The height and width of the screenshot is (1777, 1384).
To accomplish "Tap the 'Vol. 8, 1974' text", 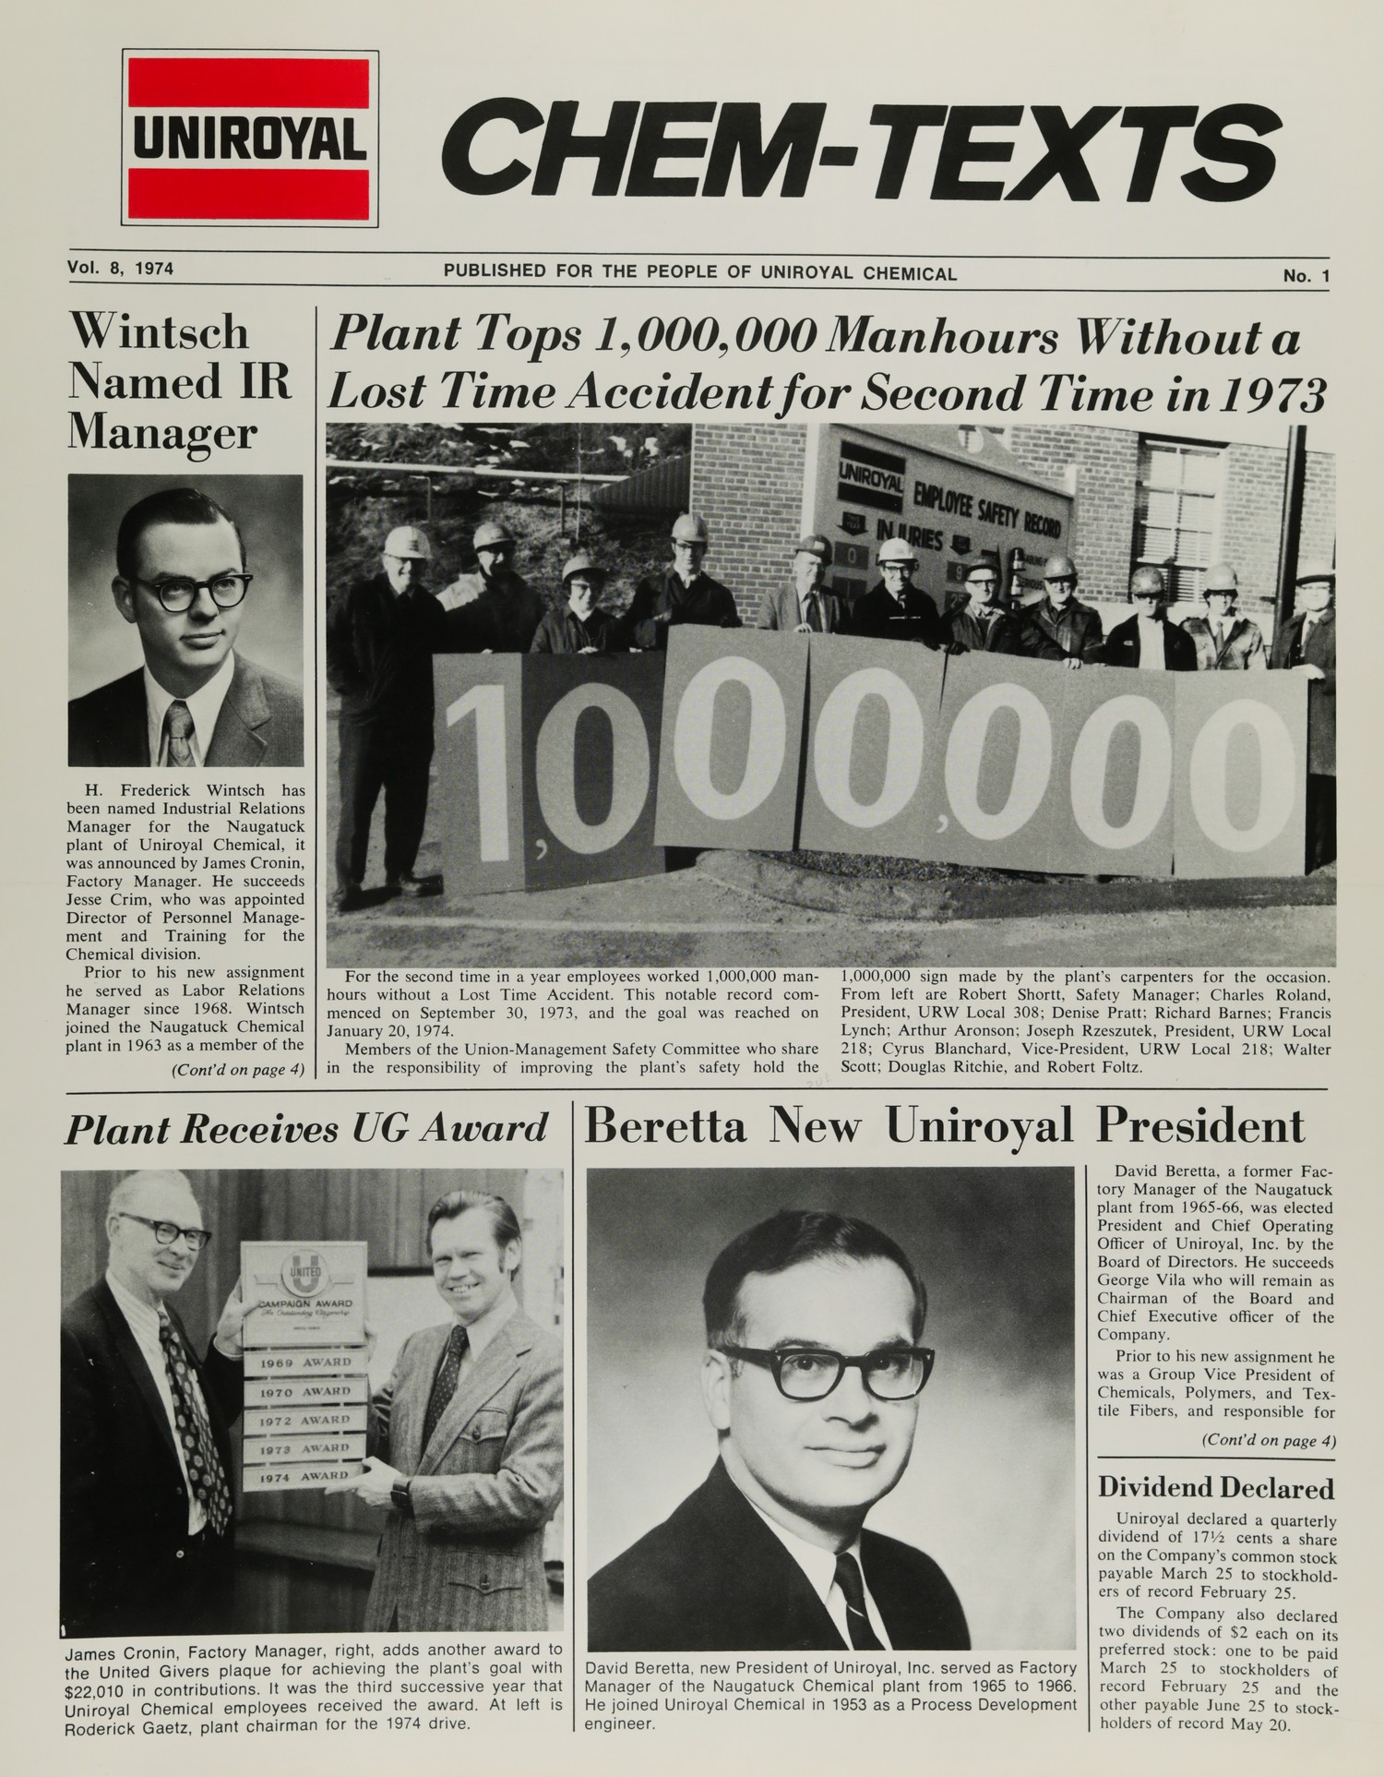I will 121,270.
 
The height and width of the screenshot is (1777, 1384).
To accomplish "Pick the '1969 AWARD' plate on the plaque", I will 304,1363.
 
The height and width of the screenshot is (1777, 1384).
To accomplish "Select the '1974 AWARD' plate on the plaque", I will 305,1476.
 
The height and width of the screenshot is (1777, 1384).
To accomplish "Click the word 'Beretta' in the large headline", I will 665,1126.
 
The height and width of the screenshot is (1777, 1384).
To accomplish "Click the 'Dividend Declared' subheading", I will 1215,1488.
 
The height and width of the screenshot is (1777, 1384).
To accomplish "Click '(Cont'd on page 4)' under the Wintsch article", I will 237,1071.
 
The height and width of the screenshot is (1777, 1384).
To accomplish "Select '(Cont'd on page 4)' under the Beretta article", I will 1268,1440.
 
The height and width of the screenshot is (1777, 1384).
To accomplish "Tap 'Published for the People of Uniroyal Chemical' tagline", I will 699,273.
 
